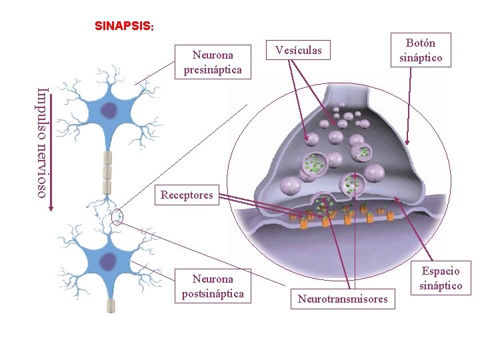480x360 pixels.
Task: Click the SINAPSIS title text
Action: [x=125, y=27]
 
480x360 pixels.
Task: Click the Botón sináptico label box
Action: [x=421, y=51]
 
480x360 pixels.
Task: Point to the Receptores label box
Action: [x=187, y=195]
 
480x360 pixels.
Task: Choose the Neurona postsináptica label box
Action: [x=213, y=286]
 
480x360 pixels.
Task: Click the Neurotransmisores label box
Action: [x=343, y=299]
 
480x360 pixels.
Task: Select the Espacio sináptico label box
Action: [x=441, y=278]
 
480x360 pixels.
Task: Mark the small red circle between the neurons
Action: [x=118, y=216]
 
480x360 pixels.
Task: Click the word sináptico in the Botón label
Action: [x=421, y=58]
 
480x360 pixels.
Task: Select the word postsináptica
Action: [x=213, y=293]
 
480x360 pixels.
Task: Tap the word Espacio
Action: [x=441, y=271]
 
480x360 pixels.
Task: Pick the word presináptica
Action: [x=213, y=69]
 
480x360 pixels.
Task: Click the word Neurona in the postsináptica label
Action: [x=213, y=279]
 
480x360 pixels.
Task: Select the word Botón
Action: [x=421, y=43]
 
